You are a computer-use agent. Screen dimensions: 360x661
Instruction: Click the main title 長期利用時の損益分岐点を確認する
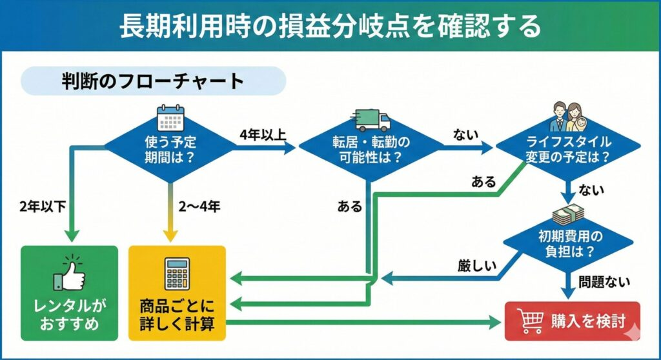[330, 27]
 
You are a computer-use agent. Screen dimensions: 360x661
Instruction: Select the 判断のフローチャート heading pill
[153, 81]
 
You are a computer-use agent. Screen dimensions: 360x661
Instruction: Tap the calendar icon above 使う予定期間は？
[170, 118]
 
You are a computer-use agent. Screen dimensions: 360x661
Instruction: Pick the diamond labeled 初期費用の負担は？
[568, 243]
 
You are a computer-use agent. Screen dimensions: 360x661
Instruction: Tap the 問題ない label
[604, 281]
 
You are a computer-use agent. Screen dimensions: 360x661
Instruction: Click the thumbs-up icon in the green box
[70, 274]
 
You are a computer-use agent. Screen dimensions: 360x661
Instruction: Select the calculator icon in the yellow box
[177, 274]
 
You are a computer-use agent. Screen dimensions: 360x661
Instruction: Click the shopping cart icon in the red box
[530, 321]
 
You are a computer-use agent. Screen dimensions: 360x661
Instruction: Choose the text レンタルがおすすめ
[70, 314]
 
